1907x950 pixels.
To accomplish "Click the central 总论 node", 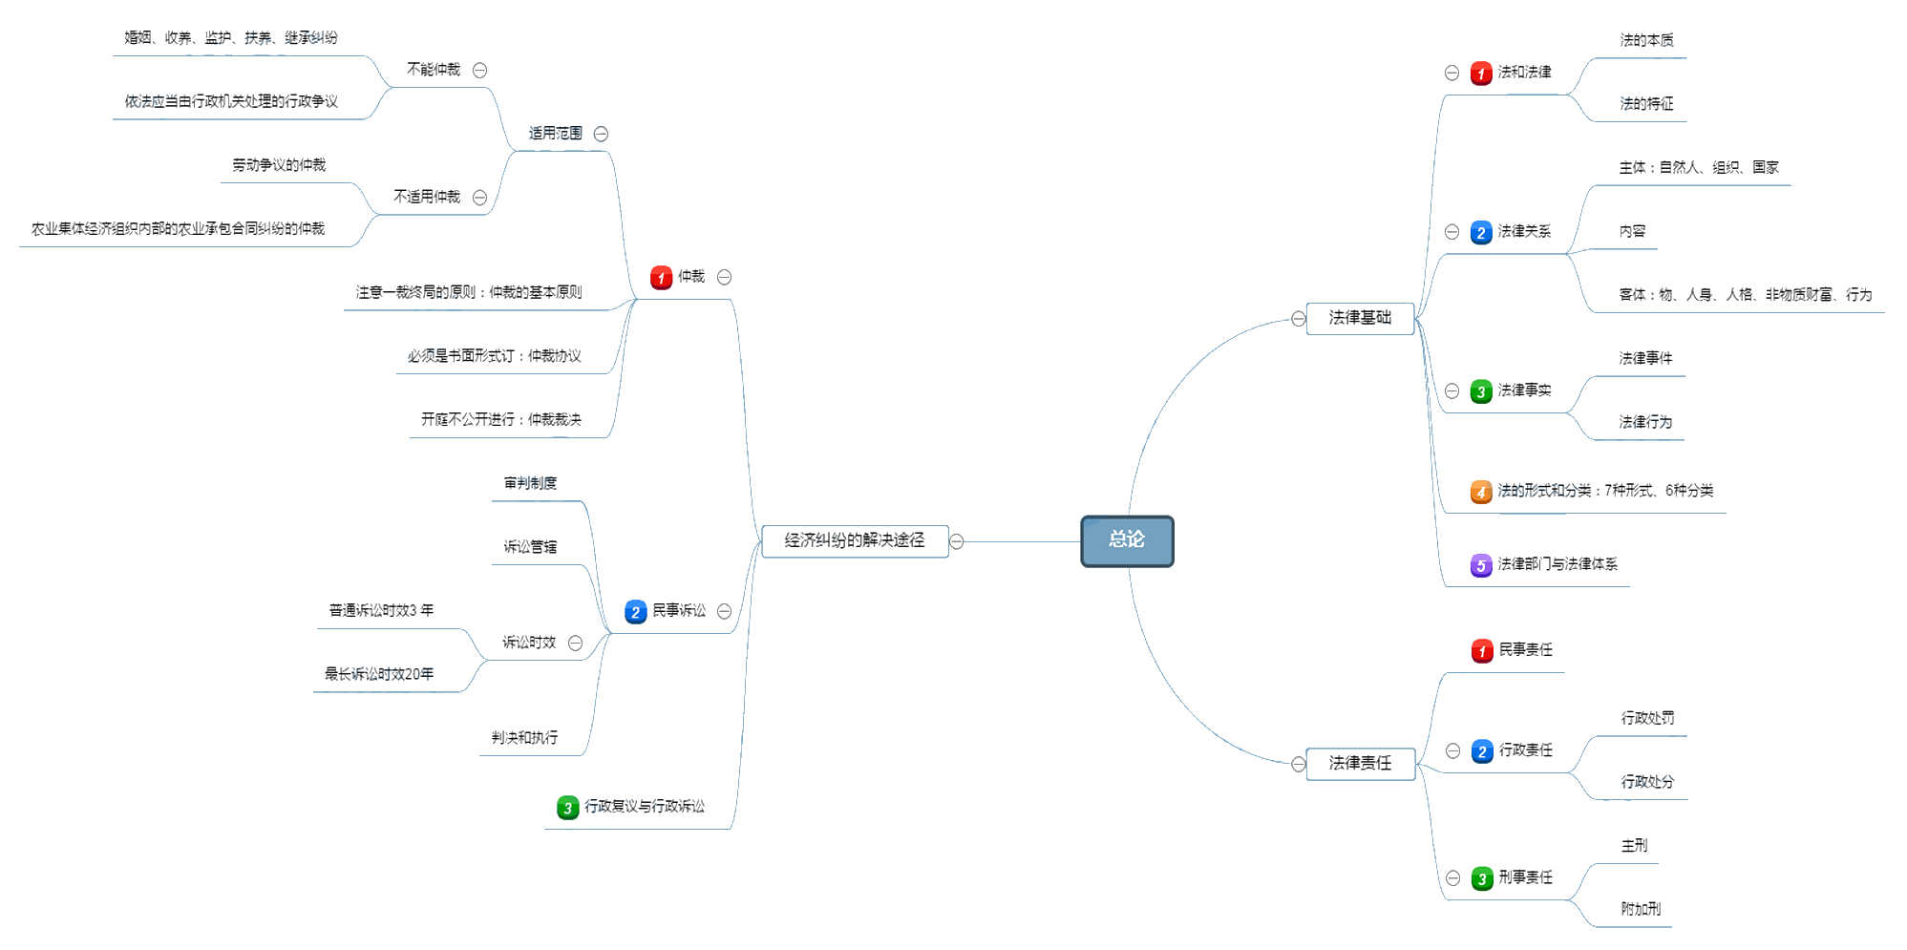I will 1127,540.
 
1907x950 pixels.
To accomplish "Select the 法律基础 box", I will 1360,318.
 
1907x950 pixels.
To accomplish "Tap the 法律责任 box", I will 1360,763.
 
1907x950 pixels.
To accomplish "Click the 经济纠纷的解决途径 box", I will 855,540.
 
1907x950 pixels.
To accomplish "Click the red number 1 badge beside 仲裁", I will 661,278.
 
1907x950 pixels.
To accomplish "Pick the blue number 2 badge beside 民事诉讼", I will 635,612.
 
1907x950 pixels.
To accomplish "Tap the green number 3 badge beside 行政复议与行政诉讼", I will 567,808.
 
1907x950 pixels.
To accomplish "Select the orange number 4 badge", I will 1480,492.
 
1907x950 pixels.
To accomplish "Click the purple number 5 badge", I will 1480,565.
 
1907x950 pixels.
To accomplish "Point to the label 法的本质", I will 1646,40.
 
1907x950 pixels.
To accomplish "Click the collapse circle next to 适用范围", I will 601,134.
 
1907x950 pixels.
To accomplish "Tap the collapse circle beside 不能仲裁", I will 480,70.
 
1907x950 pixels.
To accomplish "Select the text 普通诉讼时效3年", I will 381,610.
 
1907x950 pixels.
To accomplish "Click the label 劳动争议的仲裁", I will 279,165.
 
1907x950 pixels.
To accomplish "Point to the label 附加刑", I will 1641,909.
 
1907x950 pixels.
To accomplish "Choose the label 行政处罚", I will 1647,718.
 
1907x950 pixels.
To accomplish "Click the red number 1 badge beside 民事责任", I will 1481,651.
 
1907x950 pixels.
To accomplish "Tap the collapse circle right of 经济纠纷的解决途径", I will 957,541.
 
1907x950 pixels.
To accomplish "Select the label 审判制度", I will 530,483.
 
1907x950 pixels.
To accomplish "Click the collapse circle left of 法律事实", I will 1451,391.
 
